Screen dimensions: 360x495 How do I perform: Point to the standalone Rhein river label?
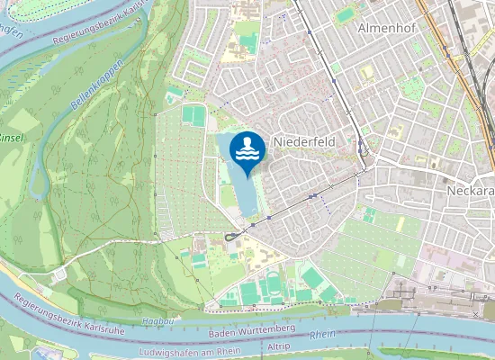tap(321, 335)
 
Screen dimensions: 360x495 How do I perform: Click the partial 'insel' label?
tap(11, 138)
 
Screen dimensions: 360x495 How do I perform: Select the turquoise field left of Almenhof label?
tap(346, 15)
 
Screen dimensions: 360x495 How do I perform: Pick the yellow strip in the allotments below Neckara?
tap(400, 224)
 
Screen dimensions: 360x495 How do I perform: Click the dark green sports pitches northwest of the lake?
tap(193, 114)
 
